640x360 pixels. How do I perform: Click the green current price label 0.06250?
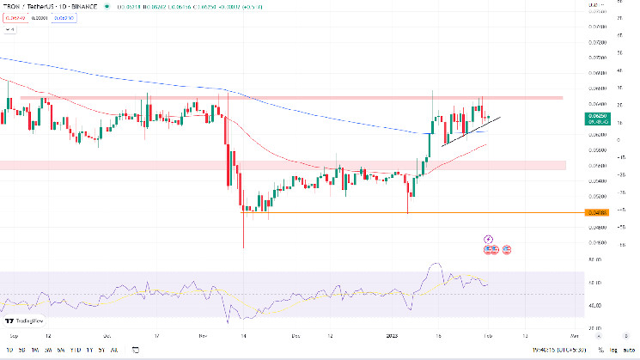pos(596,115)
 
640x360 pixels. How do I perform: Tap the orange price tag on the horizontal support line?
pos(596,212)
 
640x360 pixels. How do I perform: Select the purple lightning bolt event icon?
pos(489,238)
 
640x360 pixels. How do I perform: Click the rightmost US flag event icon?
pos(507,249)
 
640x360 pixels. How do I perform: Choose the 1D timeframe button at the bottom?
pos(9,350)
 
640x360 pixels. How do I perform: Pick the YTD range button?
pos(76,350)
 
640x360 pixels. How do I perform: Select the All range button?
pos(115,350)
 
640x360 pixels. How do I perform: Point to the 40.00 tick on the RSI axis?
pos(594,305)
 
